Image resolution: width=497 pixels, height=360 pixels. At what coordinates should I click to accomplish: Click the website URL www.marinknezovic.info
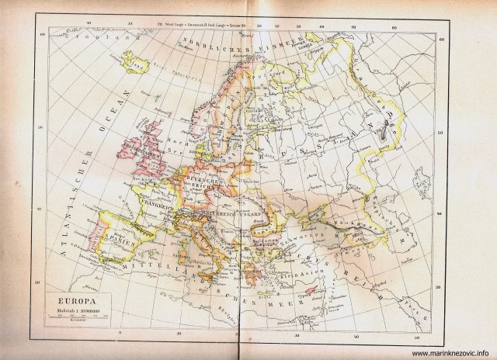pyautogui.click(x=447, y=351)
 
